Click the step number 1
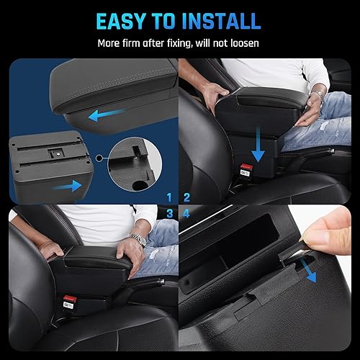(168, 197)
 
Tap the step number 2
(187, 197)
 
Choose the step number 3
(168, 213)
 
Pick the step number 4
(187, 213)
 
